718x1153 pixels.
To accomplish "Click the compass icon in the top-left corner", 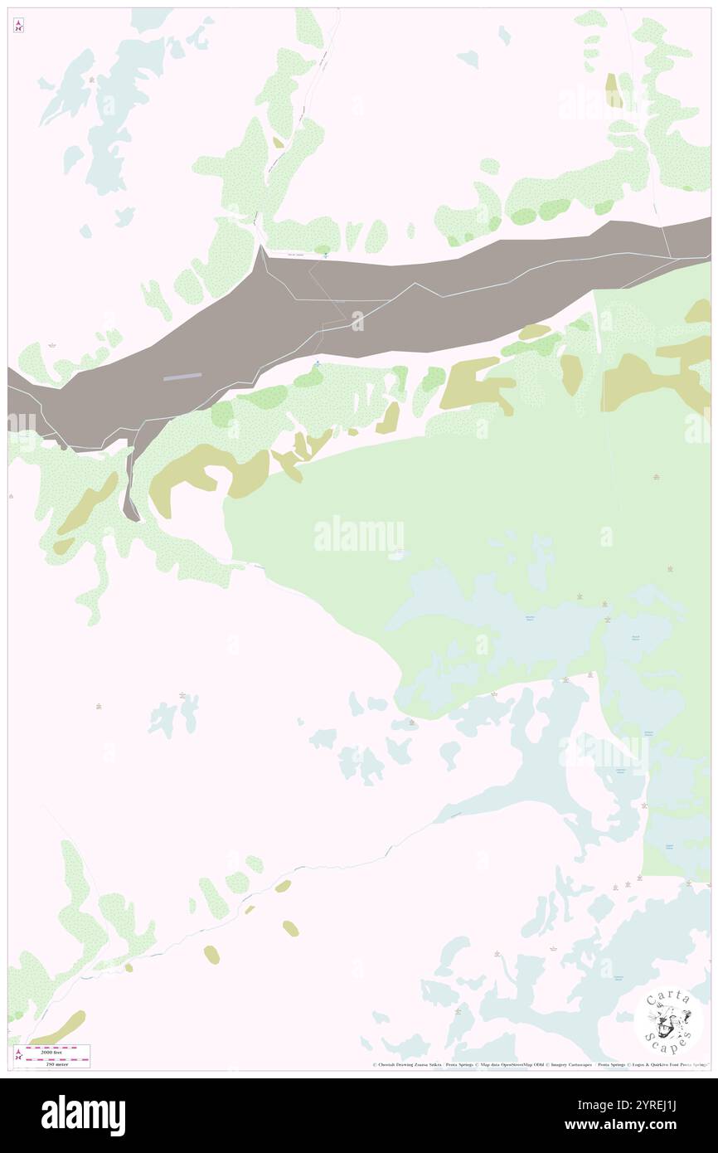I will click(18, 26).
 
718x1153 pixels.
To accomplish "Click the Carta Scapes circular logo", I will click(668, 1019).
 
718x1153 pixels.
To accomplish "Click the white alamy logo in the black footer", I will click(83, 1116).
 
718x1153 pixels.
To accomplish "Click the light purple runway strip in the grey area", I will click(183, 377).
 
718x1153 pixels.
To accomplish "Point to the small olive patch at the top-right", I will click(613, 90).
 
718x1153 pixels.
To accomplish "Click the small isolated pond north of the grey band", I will click(468, 59).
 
